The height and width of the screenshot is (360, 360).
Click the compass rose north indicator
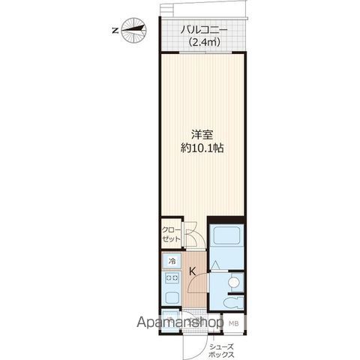tap(133, 30)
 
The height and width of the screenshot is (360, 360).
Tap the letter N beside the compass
tap(115, 31)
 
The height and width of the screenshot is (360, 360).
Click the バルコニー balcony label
tap(204, 30)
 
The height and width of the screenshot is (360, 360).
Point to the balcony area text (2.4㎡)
tap(205, 42)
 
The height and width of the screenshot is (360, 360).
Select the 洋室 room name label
tap(202, 135)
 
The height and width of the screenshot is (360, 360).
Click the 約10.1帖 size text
tap(202, 148)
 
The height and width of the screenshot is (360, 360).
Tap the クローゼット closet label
tap(171, 234)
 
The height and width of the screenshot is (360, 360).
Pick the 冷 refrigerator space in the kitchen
tap(172, 261)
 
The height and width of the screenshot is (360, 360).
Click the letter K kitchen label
tap(192, 271)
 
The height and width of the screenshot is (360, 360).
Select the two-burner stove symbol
tap(172, 277)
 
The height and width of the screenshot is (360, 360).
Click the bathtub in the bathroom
tap(226, 235)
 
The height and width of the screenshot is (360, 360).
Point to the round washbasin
tap(233, 282)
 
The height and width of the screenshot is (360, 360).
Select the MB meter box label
tap(234, 323)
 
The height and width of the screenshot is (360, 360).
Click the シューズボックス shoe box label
tap(222, 351)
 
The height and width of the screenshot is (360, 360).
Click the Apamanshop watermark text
tap(180, 322)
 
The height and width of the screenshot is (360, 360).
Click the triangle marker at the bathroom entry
tap(215, 265)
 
